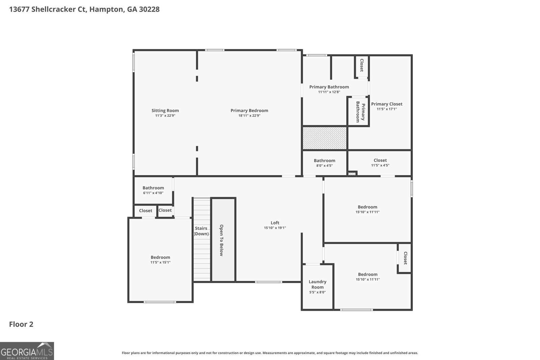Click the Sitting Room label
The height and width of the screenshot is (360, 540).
[x=165, y=111]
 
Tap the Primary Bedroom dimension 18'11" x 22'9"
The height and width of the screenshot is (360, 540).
[x=249, y=116]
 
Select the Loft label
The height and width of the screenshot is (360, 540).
[x=275, y=223]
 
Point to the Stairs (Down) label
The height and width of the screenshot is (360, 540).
[x=201, y=231]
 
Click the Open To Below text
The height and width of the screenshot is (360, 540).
[x=221, y=240]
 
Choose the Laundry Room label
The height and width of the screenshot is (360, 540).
[x=317, y=284]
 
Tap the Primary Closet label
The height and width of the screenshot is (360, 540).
[x=386, y=104]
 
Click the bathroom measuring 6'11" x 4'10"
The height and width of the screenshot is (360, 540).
[x=153, y=190]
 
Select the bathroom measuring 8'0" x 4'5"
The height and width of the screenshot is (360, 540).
[x=324, y=163]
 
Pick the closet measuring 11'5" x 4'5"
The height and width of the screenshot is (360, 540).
[x=380, y=163]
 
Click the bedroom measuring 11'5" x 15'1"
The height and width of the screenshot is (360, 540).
[x=160, y=259]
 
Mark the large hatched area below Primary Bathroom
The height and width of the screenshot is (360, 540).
[x=324, y=138]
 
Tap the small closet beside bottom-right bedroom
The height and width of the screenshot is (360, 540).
[x=405, y=258]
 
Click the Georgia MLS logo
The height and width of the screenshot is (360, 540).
[x=27, y=351]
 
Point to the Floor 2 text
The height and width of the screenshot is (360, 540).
[x=21, y=324]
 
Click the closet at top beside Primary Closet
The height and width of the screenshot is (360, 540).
[x=361, y=65]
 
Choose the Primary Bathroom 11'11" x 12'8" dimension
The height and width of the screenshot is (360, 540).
[x=329, y=92]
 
